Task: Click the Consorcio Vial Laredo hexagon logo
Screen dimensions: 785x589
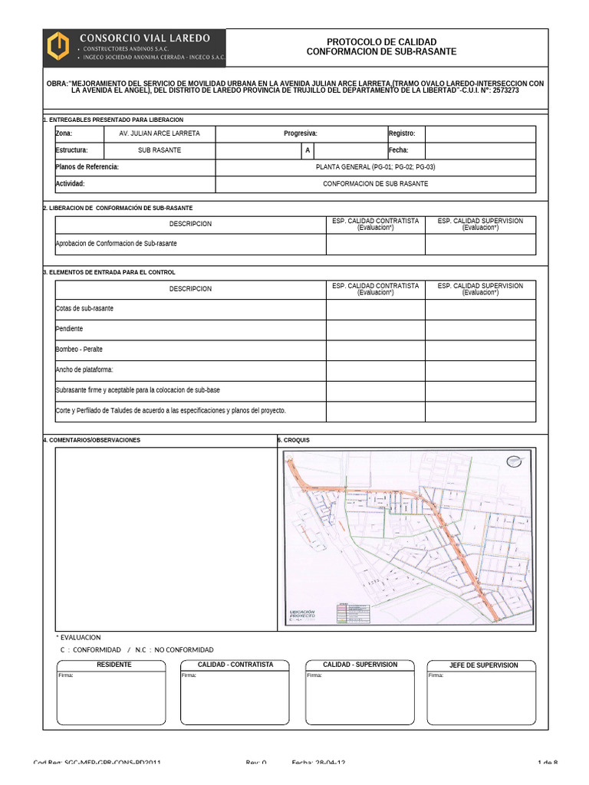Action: [59, 47]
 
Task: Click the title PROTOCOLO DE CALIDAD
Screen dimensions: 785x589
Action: [381, 41]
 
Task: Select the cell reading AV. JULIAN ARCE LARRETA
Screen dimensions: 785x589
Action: [160, 133]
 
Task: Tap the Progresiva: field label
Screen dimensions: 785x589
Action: [300, 133]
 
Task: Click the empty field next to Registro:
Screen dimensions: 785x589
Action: [480, 133]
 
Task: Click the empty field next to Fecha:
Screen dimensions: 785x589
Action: [480, 150]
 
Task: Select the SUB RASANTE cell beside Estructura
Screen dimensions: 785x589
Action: [160, 150]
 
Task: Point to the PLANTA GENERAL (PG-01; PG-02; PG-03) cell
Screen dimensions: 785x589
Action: [376, 166]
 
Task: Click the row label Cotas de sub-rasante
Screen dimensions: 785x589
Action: [84, 308]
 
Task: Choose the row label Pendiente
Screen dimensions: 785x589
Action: [70, 329]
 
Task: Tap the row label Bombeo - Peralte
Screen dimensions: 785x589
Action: [79, 350]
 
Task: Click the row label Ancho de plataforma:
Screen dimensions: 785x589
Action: [84, 370]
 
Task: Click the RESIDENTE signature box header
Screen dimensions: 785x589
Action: [114, 665]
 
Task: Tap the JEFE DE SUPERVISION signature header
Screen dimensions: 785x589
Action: [482, 665]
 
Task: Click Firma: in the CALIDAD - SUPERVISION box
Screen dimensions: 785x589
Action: [314, 675]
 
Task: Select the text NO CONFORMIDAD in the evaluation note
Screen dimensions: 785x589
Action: [183, 649]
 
